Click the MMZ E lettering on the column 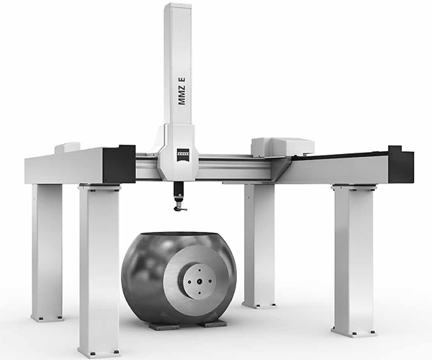tap(181, 91)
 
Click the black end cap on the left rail tap(119, 164)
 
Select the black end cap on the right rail tap(401, 165)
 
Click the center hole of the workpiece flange tap(199, 282)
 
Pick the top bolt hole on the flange tap(199, 271)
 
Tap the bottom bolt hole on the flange tap(199, 293)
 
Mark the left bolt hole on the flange tap(189, 282)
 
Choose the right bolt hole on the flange tap(210, 282)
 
